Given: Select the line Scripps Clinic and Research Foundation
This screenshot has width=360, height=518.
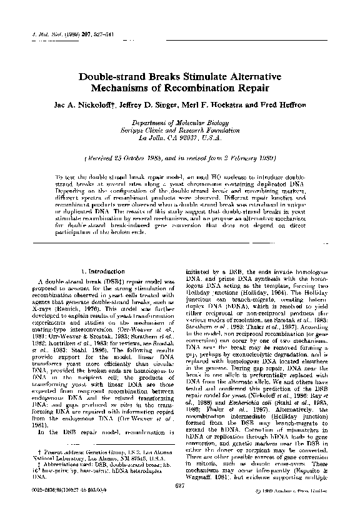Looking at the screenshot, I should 179,132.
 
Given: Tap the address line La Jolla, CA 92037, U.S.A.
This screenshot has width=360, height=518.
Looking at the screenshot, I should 179,139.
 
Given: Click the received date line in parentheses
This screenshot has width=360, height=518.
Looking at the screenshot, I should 179,158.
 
